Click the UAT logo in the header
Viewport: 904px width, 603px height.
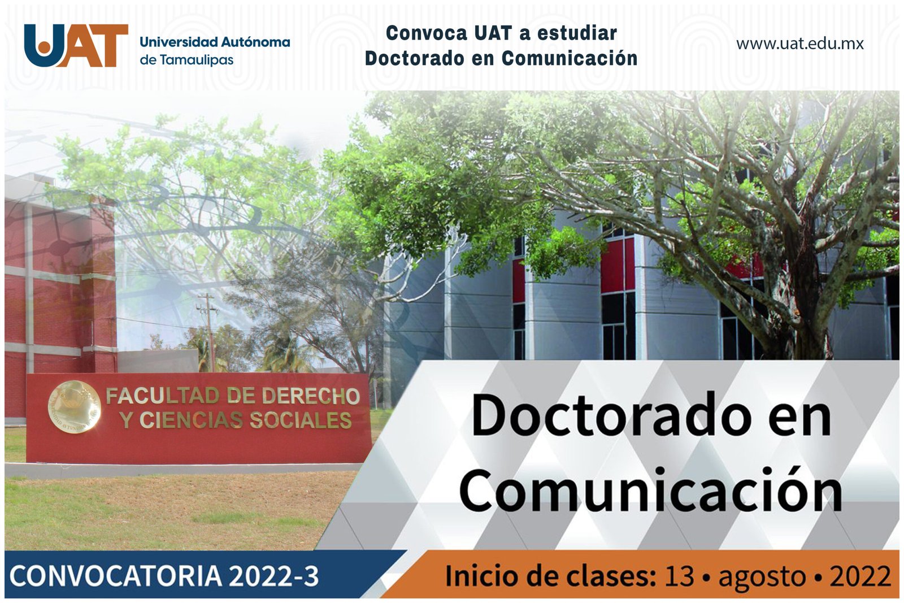click(x=76, y=45)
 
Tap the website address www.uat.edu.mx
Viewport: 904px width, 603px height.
click(x=799, y=44)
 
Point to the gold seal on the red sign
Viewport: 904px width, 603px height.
click(x=73, y=406)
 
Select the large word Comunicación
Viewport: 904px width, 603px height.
click(x=651, y=489)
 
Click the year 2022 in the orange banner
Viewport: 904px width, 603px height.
click(x=860, y=576)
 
